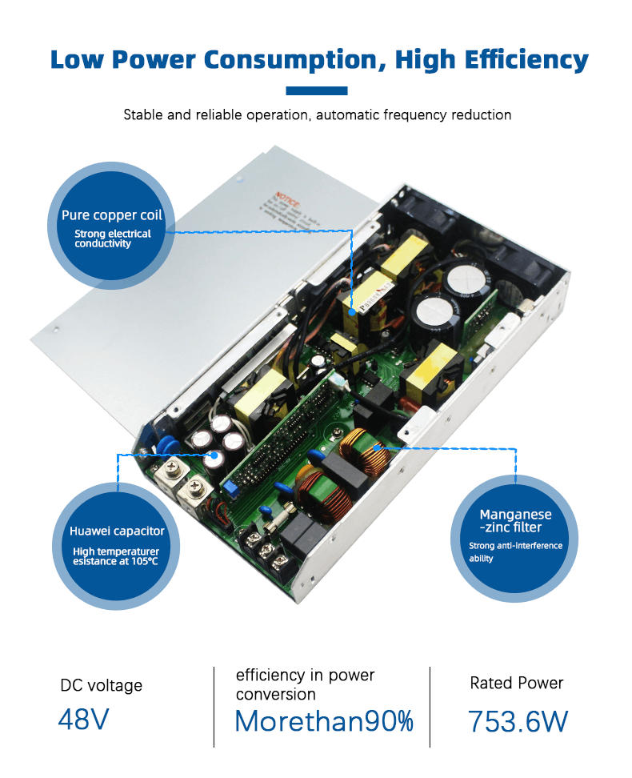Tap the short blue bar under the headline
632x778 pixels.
pos(317,91)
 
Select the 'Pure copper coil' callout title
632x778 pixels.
pos(112,215)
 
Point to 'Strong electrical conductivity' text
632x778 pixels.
pos(113,239)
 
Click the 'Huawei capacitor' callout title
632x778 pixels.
pos(117,531)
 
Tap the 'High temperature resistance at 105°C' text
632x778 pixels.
pos(116,556)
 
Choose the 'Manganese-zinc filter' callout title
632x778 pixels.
pos(515,521)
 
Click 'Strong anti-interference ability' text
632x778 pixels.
pos(515,552)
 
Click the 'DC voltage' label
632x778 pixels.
pos(102,686)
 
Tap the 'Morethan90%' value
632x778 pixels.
pos(324,721)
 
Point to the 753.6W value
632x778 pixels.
pos(518,721)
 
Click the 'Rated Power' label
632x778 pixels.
pos(517,684)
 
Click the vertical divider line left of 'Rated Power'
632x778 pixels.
pos(430,707)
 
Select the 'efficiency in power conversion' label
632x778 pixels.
pos(305,685)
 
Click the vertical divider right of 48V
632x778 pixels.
pos(214,707)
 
